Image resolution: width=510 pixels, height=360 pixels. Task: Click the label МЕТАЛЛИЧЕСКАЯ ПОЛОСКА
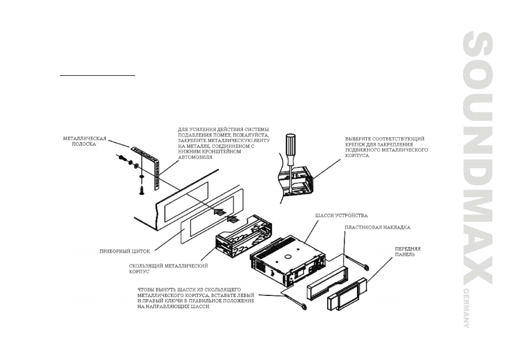(85, 142)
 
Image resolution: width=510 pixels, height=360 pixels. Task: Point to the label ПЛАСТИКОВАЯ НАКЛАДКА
(377, 227)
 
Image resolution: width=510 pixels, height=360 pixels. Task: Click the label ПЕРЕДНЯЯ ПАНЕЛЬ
(408, 252)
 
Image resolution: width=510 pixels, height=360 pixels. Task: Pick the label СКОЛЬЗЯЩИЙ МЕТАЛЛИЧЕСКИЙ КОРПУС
(168, 268)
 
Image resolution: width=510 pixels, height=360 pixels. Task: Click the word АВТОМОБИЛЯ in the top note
(196, 158)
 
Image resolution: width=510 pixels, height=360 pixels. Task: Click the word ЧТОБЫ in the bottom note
(148, 289)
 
